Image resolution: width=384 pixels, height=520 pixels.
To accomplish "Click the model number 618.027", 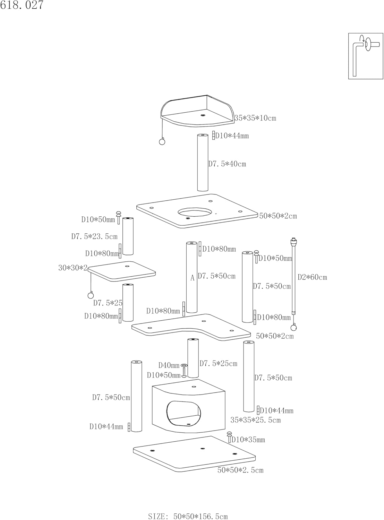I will [x=22, y=5].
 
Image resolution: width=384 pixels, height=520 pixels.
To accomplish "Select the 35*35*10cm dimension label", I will [x=255, y=118].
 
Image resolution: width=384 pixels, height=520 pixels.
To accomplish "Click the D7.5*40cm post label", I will [x=227, y=164].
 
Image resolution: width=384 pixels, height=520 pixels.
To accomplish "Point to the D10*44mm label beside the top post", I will [x=232, y=136].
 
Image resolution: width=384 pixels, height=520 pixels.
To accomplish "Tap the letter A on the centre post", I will [x=192, y=278].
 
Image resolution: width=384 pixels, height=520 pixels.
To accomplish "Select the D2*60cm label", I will [x=312, y=277].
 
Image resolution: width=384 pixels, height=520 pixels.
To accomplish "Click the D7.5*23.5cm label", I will [x=94, y=237].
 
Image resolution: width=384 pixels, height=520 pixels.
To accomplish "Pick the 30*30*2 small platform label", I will [x=73, y=268].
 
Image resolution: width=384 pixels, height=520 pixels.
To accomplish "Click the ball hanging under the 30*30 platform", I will [x=91, y=295].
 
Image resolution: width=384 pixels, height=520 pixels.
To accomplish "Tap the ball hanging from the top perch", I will [x=162, y=141].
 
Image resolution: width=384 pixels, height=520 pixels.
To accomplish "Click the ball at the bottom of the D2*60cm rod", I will [x=293, y=327].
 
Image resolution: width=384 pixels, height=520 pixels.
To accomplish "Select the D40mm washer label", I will [x=169, y=365].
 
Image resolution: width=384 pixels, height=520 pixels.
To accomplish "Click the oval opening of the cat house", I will [x=184, y=413].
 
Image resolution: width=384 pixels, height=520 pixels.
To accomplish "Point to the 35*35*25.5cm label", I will [x=256, y=420].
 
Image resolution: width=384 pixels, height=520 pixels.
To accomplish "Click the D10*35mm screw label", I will [x=248, y=440].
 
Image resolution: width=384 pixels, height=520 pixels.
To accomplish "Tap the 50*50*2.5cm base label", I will [x=240, y=470].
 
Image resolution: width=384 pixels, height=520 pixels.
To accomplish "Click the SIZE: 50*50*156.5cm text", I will [x=188, y=517].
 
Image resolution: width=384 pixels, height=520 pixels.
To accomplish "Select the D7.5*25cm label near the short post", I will [x=218, y=364].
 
